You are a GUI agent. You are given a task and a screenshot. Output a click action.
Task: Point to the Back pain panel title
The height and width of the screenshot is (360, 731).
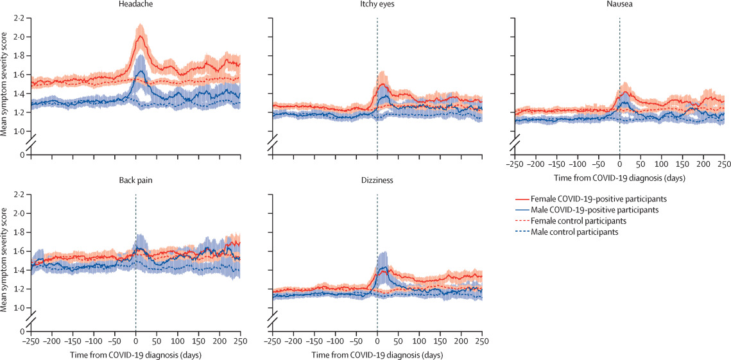click(x=135, y=180)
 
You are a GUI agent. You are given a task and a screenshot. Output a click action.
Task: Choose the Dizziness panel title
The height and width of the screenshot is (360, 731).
click(x=377, y=180)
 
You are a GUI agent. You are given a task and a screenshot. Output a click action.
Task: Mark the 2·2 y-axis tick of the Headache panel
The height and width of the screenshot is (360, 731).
click(x=19, y=18)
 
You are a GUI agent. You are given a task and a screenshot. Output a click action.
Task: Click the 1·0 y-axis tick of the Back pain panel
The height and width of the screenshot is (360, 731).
click(x=19, y=308)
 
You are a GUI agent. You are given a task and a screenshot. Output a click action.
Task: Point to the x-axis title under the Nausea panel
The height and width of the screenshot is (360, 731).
click(x=619, y=176)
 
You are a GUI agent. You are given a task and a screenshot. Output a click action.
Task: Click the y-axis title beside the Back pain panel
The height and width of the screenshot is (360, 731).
click(x=5, y=261)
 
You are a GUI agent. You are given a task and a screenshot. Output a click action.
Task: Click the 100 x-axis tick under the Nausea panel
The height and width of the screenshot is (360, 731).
click(x=662, y=164)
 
